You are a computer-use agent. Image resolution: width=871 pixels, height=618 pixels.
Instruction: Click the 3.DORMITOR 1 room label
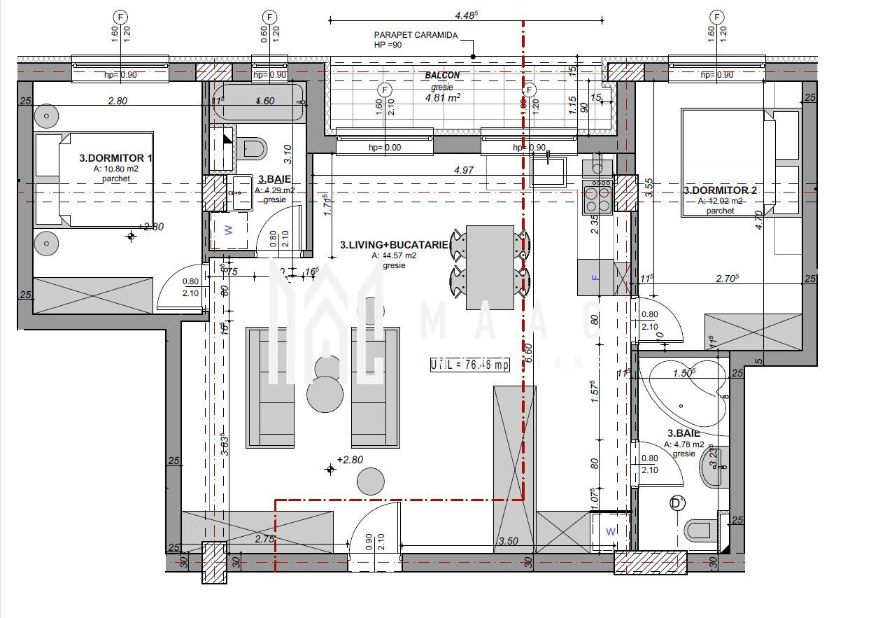115,158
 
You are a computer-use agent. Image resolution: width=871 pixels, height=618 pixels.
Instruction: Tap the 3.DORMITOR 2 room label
721,190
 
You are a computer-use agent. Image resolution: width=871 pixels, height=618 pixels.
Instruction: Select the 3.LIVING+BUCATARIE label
394,245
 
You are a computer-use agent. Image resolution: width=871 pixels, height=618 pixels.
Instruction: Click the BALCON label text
442,75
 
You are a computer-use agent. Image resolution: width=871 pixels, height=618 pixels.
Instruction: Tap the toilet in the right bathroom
700,530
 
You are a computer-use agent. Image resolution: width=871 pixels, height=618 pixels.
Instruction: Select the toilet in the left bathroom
253,148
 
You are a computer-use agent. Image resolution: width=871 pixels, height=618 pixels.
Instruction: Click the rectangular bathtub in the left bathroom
259,102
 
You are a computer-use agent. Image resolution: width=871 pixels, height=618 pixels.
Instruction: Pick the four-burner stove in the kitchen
597,197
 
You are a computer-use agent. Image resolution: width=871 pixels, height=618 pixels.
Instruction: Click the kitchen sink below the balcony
548,171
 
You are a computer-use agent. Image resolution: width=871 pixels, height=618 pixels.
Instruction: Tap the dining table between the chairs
490,267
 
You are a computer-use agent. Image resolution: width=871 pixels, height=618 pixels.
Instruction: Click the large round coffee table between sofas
325,393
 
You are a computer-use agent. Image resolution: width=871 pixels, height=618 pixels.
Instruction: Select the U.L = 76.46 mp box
469,365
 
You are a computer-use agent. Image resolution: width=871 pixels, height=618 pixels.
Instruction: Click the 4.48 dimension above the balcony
466,15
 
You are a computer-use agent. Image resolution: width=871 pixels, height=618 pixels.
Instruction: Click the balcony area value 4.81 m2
442,98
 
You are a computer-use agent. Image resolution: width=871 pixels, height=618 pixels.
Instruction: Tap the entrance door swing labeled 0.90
374,528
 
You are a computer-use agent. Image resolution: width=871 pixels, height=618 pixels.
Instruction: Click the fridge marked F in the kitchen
595,277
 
